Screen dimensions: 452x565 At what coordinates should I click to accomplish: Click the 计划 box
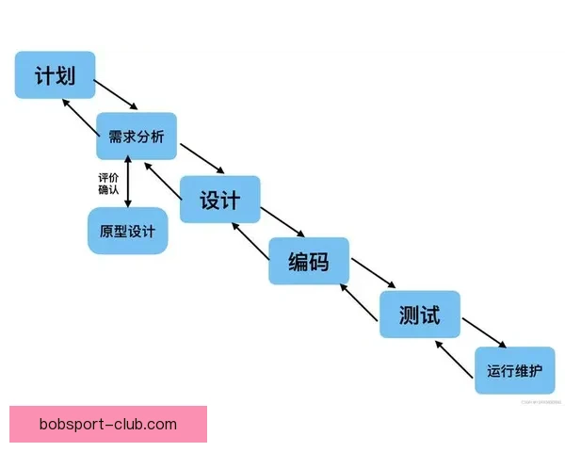tap(55, 74)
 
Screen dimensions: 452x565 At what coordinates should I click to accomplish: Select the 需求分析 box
tap(137, 137)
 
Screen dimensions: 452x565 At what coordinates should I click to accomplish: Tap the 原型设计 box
tap(127, 230)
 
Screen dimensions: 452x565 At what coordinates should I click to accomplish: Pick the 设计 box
tap(220, 200)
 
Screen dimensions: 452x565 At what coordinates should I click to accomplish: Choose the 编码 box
tap(309, 261)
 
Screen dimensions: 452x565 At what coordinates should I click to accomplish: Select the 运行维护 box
tap(515, 371)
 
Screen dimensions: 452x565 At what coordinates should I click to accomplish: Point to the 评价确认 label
tap(108, 183)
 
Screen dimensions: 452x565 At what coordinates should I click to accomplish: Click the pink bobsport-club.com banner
tap(108, 425)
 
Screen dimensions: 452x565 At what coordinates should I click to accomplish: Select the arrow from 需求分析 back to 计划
tap(76, 116)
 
